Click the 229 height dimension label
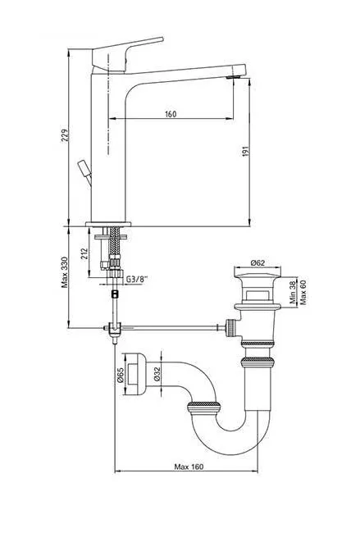[x=65, y=135]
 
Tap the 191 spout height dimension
[x=245, y=151]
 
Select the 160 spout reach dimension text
[x=171, y=114]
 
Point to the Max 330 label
[x=65, y=272]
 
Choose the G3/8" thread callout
[x=137, y=279]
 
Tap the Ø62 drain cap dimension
[x=257, y=262]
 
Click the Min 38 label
[x=292, y=293]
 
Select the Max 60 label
[x=303, y=292]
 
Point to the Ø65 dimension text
[x=120, y=374]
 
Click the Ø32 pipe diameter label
[x=157, y=374]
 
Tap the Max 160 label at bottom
[x=189, y=467]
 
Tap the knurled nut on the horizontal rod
[x=230, y=328]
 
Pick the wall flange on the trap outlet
[x=135, y=374]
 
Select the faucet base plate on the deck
[x=108, y=224]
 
